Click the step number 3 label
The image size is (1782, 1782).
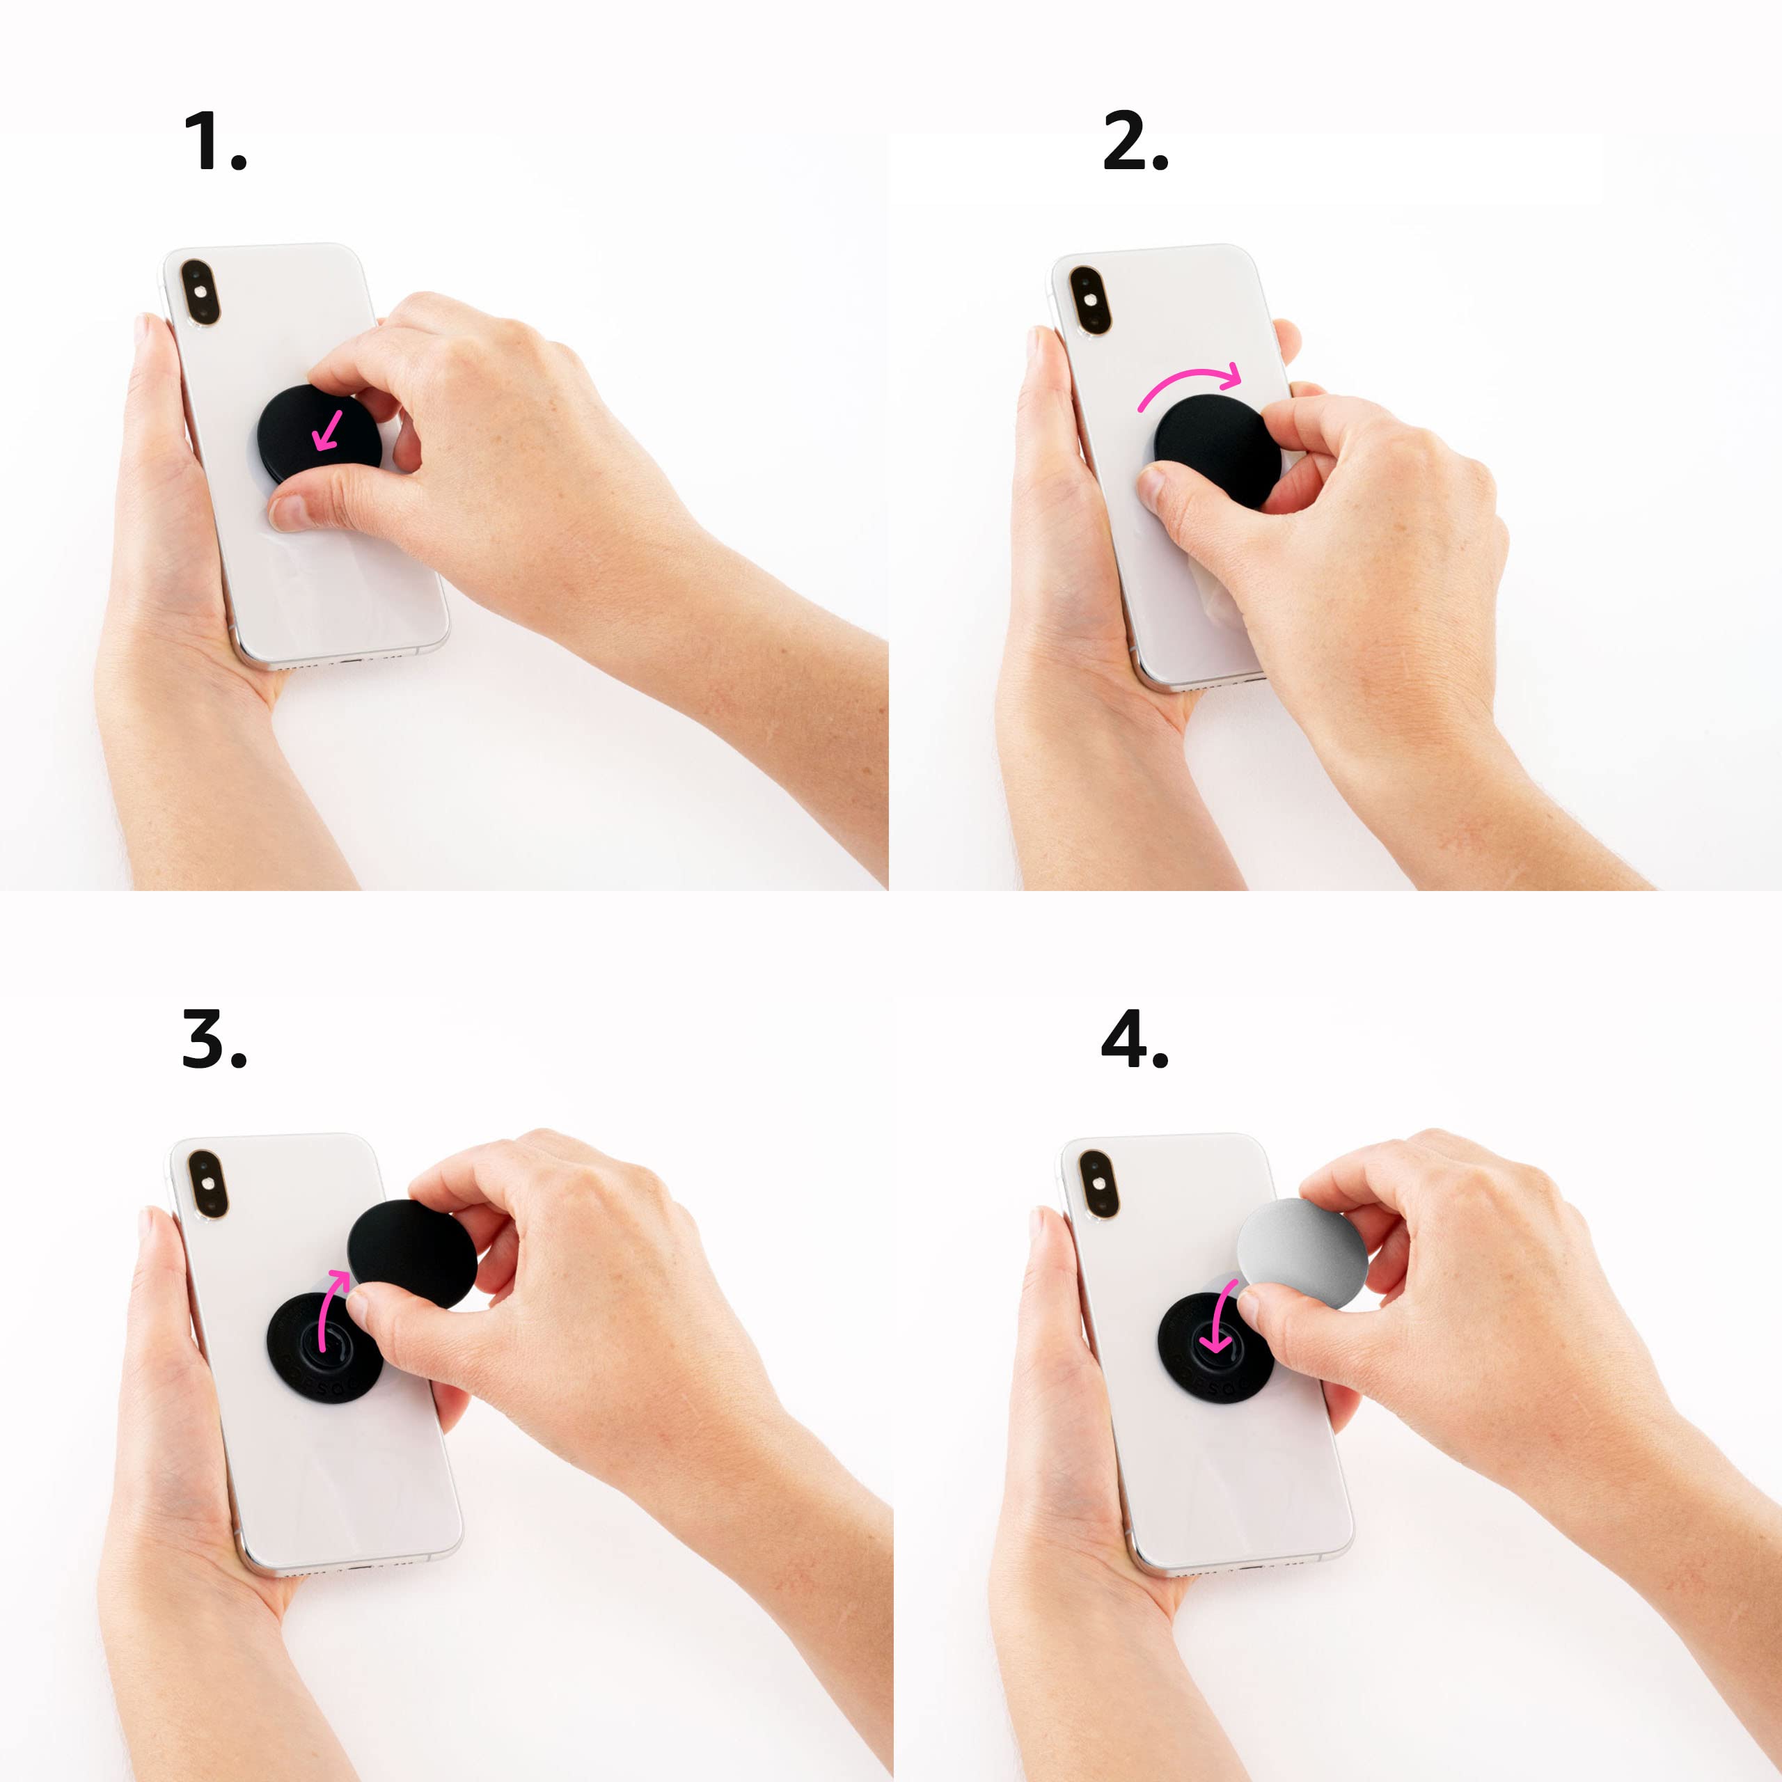click(214, 1041)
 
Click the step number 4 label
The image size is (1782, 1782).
click(1135, 1041)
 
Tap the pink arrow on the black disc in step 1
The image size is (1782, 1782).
click(327, 431)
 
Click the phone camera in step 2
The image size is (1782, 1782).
click(1090, 300)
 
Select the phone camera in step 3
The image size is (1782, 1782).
click(207, 1183)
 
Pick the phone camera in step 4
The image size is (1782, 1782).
click(1098, 1183)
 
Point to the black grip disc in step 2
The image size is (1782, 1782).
click(1215, 448)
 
